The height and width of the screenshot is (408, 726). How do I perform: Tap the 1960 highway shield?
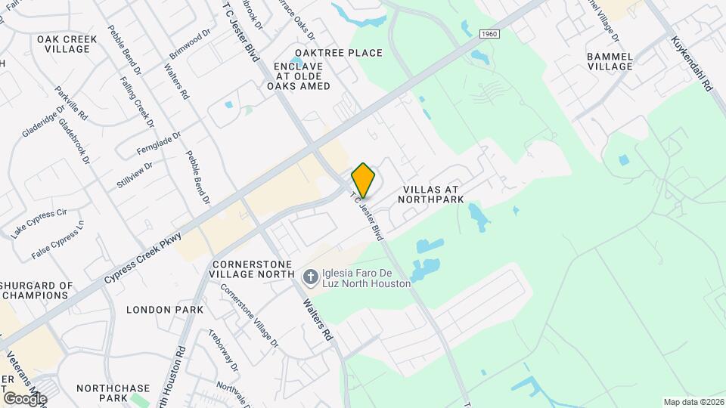(490, 34)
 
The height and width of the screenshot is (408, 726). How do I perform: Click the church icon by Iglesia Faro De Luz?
(309, 278)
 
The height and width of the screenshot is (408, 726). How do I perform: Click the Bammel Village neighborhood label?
(609, 60)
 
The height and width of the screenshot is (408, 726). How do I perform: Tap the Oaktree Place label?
(339, 53)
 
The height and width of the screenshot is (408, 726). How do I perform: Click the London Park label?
(165, 310)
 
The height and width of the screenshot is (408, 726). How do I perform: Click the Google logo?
(24, 399)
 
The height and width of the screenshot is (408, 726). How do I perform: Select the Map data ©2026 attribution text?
(693, 402)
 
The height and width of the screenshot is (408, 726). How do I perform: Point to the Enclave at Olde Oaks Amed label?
(298, 76)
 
